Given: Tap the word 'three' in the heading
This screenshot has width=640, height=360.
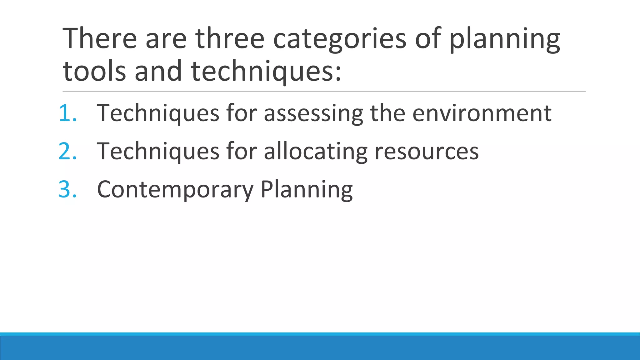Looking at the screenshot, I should pyautogui.click(x=230, y=39).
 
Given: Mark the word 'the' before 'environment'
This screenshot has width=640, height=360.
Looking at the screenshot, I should pyautogui.click(x=387, y=113).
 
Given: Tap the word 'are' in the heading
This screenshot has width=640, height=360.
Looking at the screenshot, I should pyautogui.click(x=166, y=39).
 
